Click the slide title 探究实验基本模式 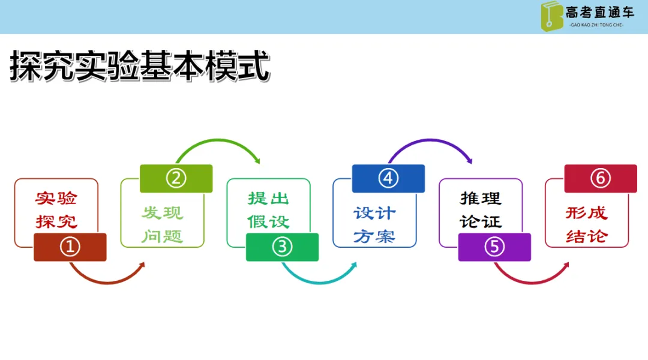[140, 66]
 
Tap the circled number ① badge [70, 247]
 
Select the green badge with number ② [176, 179]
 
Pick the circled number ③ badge [282, 247]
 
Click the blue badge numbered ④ [388, 179]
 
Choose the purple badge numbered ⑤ [494, 247]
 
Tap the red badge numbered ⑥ [601, 179]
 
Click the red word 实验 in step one [56, 199]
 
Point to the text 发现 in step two [162, 213]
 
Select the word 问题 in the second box [162, 236]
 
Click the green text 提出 [268, 199]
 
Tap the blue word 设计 [374, 213]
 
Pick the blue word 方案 [374, 236]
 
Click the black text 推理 [481, 199]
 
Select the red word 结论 [587, 236]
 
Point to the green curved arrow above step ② [218, 140]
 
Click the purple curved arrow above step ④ [431, 140]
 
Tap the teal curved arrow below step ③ [319, 283]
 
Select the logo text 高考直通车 [599, 13]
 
